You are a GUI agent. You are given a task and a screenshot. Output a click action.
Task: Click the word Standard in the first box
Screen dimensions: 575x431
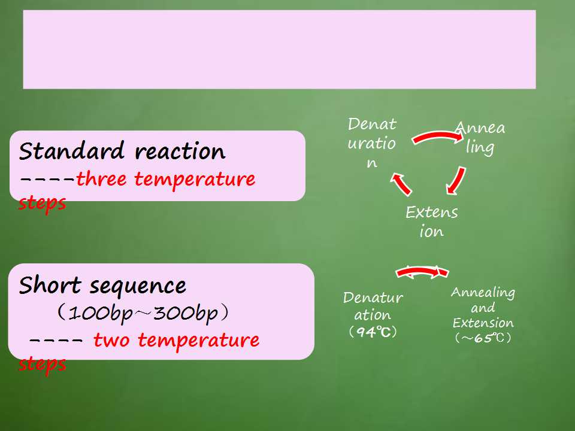pyautogui.click(x=71, y=151)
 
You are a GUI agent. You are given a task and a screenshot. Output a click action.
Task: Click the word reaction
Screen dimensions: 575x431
pyautogui.click(x=180, y=151)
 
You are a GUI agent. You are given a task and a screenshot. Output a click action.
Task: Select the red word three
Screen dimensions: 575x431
pyautogui.click(x=101, y=179)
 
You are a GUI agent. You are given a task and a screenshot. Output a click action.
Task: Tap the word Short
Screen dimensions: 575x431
pyautogui.click(x=50, y=285)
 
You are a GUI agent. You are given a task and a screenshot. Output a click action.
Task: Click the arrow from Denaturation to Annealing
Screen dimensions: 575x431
pyautogui.click(x=437, y=136)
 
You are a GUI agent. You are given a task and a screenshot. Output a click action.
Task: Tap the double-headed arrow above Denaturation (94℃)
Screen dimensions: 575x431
pyautogui.click(x=422, y=272)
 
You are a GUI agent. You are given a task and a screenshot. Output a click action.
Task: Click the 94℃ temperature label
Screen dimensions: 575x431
pyautogui.click(x=373, y=332)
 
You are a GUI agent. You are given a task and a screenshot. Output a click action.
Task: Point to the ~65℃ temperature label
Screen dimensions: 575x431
pyautogui.click(x=483, y=338)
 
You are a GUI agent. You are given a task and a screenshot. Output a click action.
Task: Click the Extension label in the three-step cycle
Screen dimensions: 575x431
pyautogui.click(x=432, y=221)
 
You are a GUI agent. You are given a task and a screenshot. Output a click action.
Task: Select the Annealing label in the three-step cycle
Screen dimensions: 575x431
pyautogui.click(x=480, y=138)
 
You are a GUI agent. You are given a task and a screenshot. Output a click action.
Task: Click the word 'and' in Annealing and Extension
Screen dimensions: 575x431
pyautogui.click(x=483, y=308)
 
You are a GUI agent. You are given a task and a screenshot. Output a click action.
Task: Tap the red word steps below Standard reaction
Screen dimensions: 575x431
pyautogui.click(x=42, y=204)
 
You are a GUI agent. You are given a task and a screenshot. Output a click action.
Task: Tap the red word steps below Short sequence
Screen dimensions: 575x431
pyautogui.click(x=42, y=365)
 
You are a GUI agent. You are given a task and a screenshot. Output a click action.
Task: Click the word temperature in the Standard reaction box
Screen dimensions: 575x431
pyautogui.click(x=195, y=180)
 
